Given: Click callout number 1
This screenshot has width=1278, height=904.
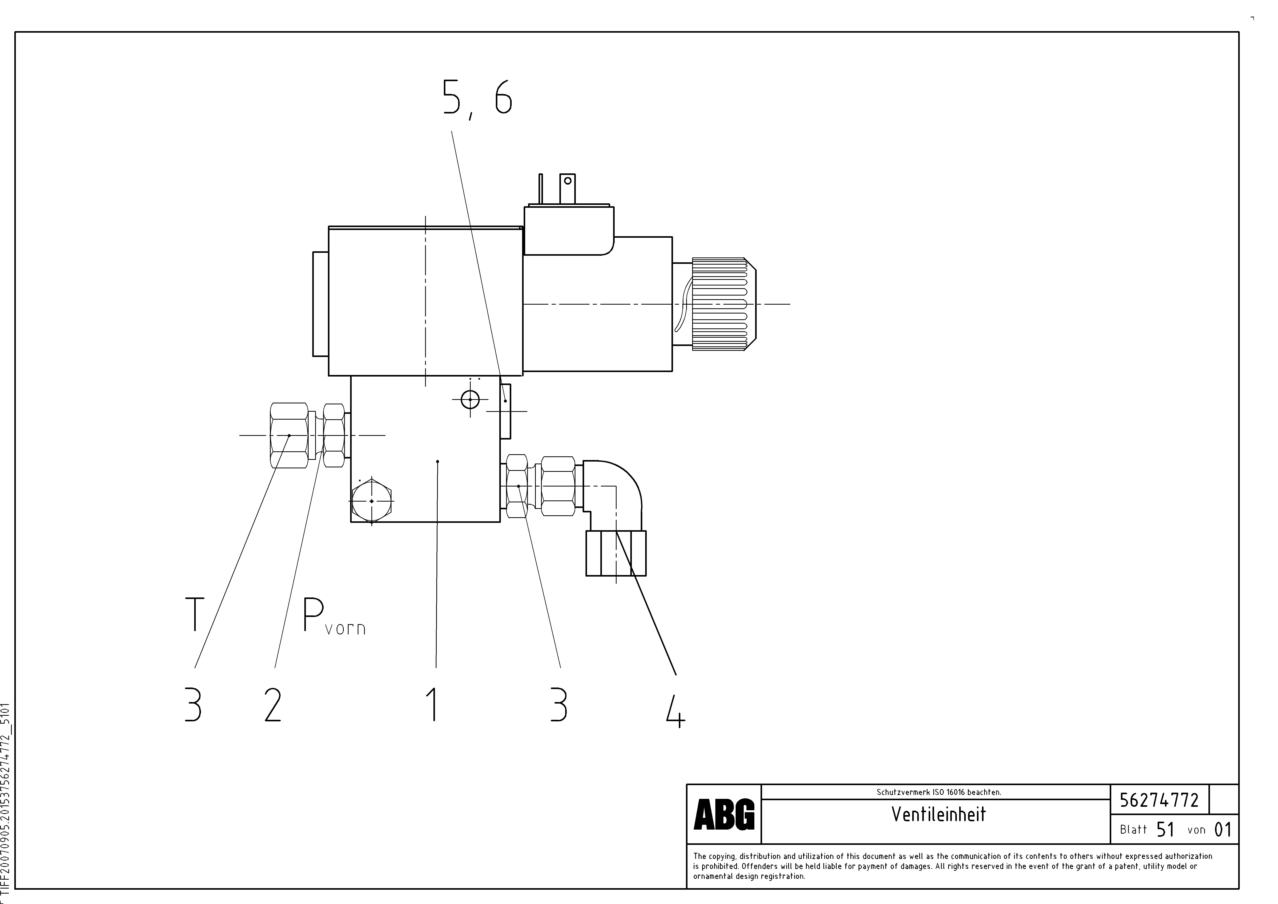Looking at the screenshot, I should (434, 704).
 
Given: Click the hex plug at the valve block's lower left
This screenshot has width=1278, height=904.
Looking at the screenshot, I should (371, 501).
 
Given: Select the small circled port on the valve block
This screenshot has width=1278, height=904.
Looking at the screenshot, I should (470, 399).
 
